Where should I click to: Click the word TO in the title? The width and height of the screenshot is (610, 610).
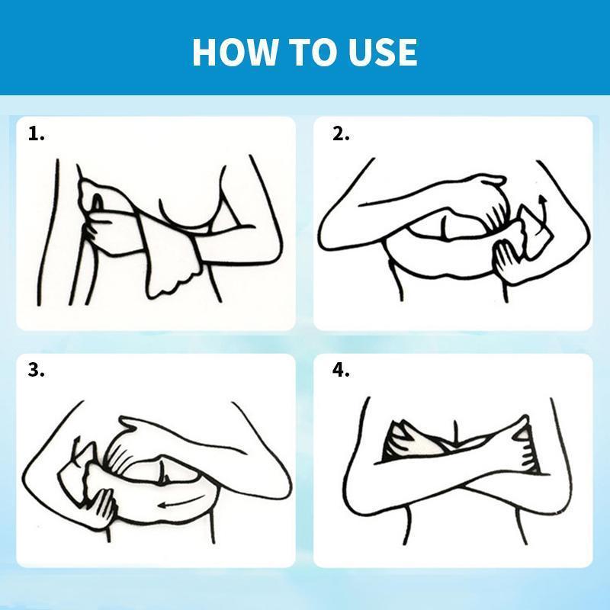(x=314, y=52)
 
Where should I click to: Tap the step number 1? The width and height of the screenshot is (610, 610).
(x=36, y=134)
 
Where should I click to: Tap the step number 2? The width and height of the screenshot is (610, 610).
(x=341, y=134)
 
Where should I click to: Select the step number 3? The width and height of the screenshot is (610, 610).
(x=36, y=371)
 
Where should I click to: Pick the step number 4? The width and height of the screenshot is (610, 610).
(x=341, y=371)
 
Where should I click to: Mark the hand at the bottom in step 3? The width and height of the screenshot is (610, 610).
(x=102, y=506)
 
